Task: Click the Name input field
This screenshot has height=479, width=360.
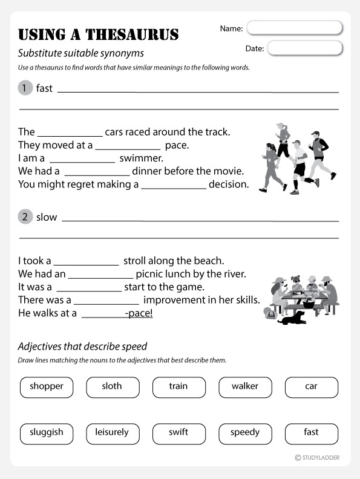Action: [x=295, y=28]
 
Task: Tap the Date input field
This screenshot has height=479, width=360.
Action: [x=304, y=48]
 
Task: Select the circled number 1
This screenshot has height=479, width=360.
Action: [x=25, y=88]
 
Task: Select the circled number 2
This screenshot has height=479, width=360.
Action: [x=25, y=217]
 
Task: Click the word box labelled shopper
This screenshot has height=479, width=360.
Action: [x=47, y=387]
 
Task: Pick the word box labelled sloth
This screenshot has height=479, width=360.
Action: [x=113, y=387]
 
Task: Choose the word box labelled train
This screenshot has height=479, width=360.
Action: [x=178, y=387]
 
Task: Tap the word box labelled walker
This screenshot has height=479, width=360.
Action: [x=244, y=387]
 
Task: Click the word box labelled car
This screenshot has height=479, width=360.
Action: [x=311, y=387]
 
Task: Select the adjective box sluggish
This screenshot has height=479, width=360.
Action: [x=47, y=433]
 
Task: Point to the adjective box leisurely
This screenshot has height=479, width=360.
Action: [x=113, y=433]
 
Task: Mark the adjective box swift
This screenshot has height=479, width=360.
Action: [x=178, y=433]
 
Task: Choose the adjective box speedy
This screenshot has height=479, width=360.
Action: [x=244, y=433]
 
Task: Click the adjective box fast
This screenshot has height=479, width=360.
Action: [x=311, y=433]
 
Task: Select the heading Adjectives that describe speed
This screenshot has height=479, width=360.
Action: [x=83, y=347]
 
